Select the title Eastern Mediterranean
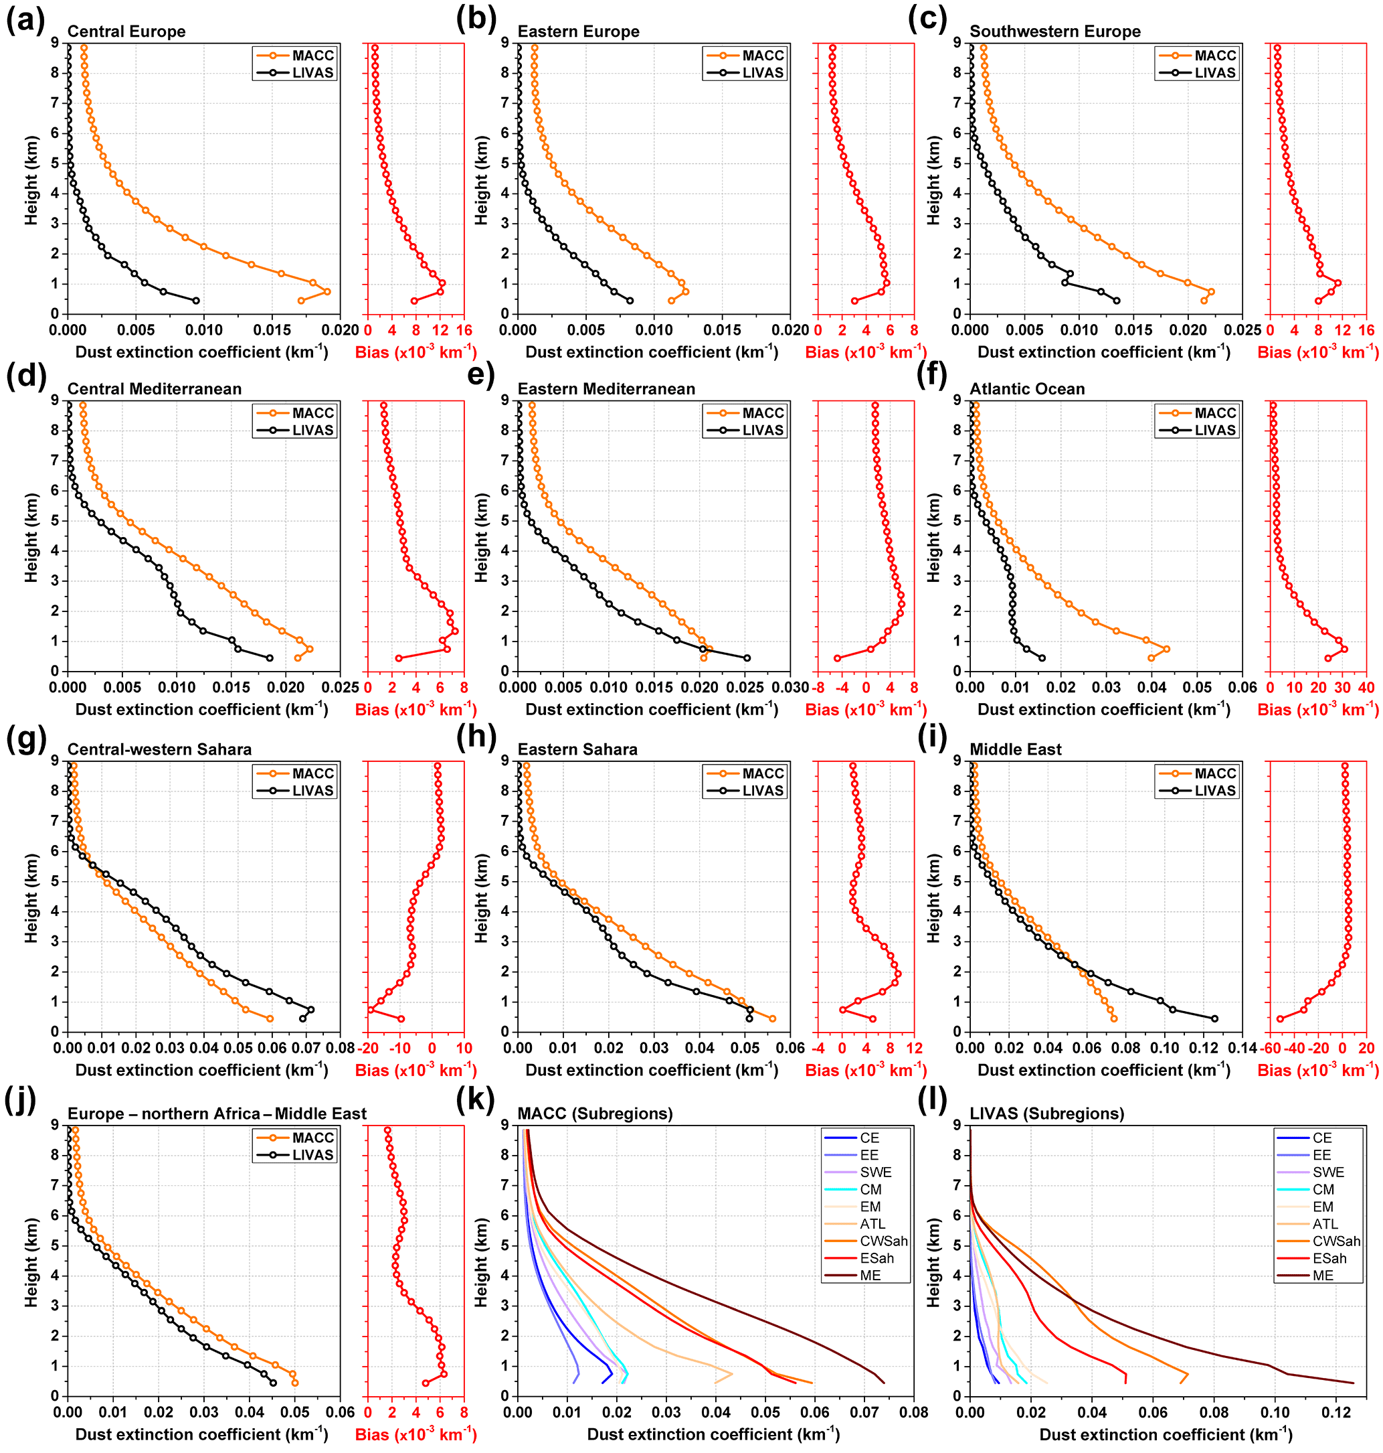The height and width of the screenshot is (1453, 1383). (606, 389)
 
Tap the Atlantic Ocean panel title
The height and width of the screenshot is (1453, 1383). (1027, 389)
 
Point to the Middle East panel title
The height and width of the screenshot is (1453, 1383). (1015, 749)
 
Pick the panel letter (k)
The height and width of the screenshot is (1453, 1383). (476, 1099)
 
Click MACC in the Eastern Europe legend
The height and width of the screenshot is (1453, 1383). (762, 56)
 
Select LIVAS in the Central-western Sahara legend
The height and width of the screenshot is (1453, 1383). (312, 791)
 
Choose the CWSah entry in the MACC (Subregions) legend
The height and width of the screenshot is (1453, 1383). (883, 1241)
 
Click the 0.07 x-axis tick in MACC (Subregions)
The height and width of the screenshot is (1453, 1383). (864, 1411)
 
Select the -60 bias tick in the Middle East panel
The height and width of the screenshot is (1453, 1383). (1269, 1048)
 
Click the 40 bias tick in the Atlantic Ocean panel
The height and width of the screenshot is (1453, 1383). (1366, 688)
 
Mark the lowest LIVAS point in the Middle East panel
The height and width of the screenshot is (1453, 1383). (1214, 1018)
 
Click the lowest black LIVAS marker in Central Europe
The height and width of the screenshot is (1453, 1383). (196, 300)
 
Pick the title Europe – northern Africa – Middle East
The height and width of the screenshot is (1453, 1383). (217, 1114)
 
